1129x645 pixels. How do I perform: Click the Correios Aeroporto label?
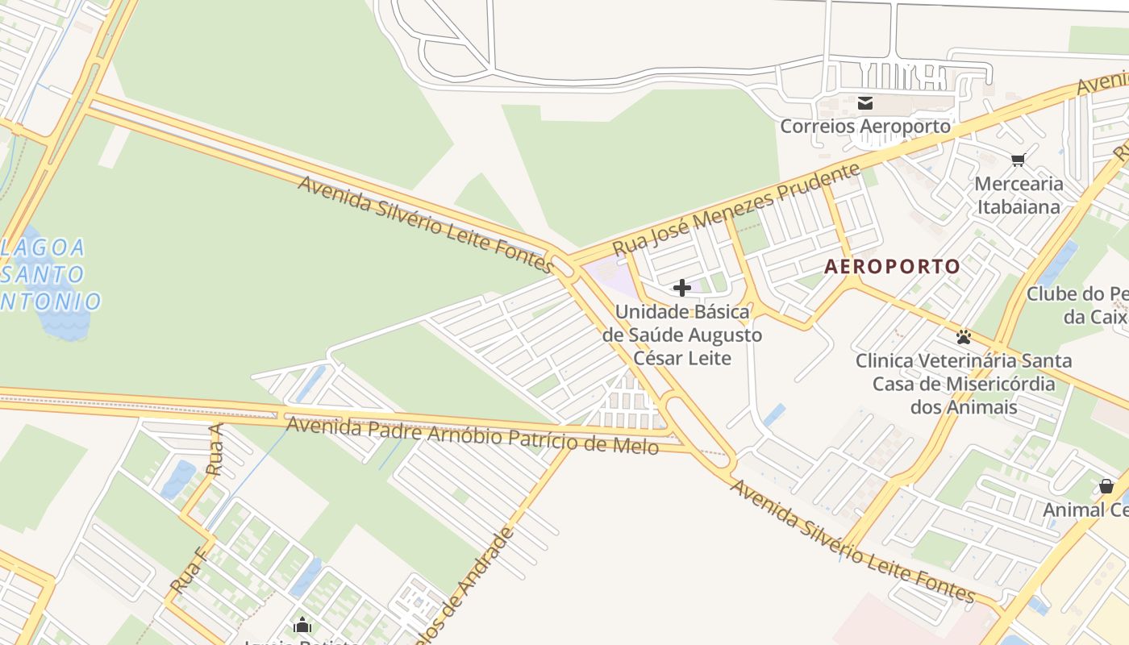point(865,127)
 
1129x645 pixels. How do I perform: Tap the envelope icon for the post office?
point(865,102)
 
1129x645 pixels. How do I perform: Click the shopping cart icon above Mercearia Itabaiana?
point(1019,160)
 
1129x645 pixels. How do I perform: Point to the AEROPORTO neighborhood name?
point(892,267)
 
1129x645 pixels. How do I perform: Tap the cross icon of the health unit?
point(682,288)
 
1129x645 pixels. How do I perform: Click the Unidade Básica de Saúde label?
point(682,335)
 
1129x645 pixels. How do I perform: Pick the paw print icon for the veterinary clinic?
point(964,337)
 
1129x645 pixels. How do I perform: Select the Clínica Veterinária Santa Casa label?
point(964,383)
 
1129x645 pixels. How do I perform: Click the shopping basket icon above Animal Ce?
point(1106,486)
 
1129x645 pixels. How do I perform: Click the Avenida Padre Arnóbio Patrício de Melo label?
point(473,435)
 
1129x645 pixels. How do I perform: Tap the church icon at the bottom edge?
point(302,625)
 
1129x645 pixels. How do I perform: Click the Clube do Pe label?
point(1077,305)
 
